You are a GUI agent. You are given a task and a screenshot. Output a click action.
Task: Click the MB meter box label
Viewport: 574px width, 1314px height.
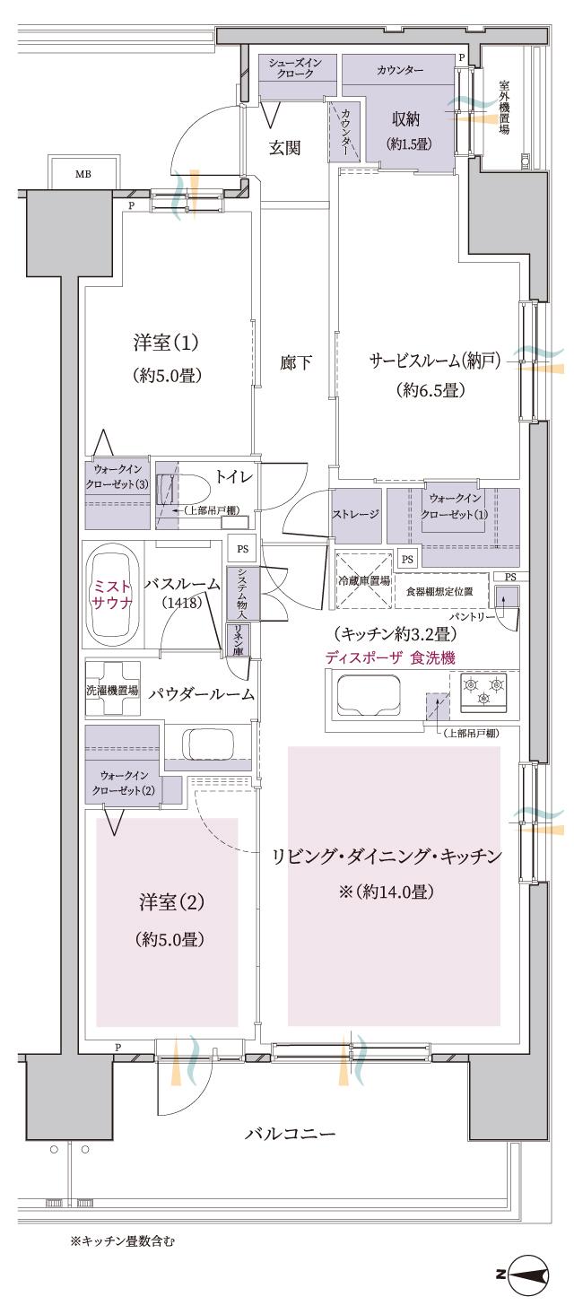83,174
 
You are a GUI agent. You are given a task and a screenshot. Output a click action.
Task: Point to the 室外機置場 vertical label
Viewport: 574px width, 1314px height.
504,107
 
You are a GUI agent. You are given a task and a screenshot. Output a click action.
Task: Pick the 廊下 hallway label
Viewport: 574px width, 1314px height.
295,362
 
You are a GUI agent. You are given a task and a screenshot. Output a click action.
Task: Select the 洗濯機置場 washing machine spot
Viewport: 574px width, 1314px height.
112,691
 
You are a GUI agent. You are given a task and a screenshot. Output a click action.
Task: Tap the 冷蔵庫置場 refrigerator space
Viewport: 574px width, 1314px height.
362,580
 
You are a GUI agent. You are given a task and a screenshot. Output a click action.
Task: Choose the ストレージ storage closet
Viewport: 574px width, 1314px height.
356,515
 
